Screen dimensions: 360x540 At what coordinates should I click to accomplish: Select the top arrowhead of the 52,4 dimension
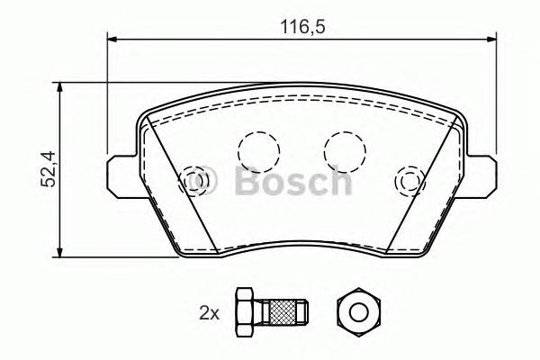[60, 87]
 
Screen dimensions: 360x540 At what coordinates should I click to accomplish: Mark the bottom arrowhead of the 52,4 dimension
[60, 250]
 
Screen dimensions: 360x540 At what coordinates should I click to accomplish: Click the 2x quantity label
[209, 313]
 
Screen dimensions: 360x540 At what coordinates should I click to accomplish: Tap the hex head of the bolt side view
[244, 312]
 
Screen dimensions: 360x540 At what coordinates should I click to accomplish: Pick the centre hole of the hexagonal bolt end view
[358, 312]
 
